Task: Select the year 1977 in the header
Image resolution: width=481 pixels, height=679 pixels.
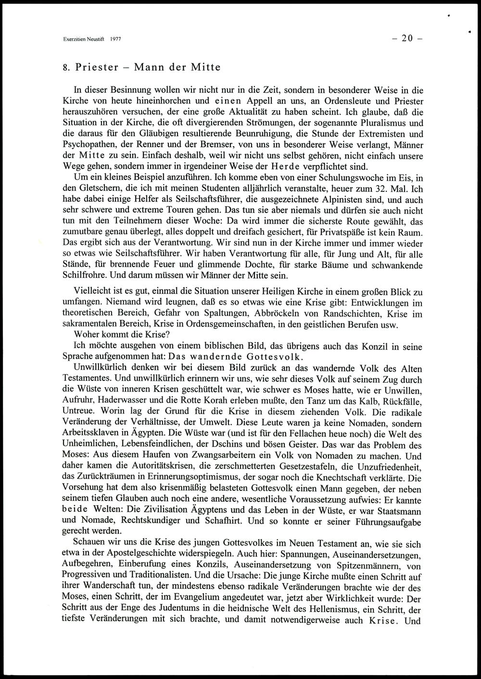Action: [115, 39]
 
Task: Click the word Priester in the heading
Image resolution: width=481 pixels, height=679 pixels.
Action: [97, 67]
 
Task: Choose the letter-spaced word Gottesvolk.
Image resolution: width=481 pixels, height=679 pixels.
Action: [274, 357]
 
